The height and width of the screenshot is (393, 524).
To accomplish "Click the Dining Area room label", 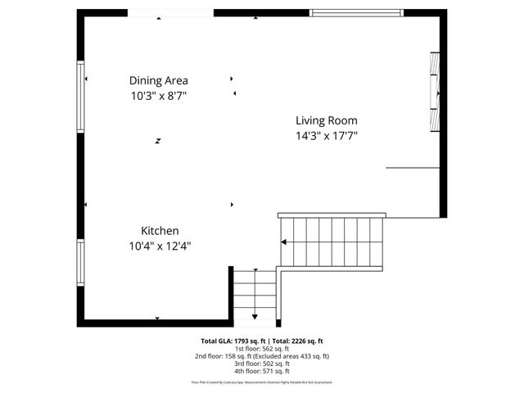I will [158, 80].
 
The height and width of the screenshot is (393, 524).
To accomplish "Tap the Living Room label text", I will [327, 120].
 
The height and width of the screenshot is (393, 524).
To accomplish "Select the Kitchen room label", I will [160, 231].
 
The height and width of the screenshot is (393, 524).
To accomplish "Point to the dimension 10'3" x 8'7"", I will [159, 95].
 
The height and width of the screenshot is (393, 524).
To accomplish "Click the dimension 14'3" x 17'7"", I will [327, 136].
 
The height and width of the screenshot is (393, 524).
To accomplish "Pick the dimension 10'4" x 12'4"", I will [160, 246].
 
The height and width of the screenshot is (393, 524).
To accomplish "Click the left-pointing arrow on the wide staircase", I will [284, 242].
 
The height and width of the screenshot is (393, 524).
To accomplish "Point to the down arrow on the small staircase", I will [255, 316].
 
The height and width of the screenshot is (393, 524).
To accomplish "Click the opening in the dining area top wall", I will [170, 12].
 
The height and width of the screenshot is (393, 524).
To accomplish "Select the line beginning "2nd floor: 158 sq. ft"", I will [262, 356].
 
